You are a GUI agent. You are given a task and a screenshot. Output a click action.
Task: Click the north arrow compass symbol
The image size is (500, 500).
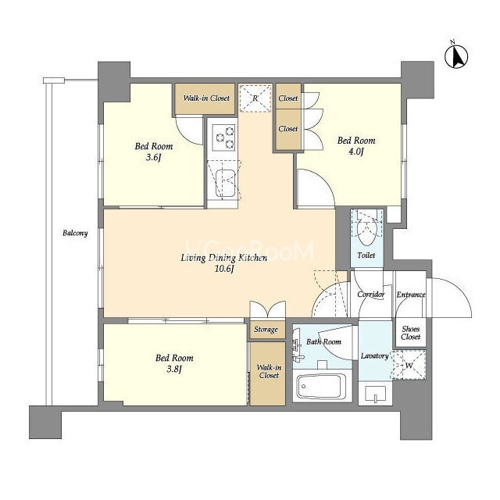456,56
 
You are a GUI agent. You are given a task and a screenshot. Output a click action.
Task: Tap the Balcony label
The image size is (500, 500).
75,233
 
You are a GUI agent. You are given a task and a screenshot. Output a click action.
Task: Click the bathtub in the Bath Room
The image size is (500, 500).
322,386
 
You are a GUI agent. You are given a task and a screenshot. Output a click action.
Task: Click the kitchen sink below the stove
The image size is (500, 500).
226,184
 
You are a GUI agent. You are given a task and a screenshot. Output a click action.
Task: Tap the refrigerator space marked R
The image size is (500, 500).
255,98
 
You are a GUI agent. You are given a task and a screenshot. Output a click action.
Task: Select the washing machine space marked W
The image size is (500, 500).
409,365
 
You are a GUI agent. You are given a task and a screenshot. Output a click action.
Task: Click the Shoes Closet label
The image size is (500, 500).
411,333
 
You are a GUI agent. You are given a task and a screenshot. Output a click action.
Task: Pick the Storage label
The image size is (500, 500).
266,330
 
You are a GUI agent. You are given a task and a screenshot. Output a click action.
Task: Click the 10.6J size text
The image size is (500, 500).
224,269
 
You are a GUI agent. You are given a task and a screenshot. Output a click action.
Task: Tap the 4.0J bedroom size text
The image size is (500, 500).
356,152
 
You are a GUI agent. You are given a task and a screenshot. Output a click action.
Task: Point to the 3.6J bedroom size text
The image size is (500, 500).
153,157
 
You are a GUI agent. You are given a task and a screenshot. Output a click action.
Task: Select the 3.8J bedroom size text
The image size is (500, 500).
174,369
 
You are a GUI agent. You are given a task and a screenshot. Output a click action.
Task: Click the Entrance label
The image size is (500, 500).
411,295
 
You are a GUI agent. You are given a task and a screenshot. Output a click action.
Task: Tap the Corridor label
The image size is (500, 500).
371,295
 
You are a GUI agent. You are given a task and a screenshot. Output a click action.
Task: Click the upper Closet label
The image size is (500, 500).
288,98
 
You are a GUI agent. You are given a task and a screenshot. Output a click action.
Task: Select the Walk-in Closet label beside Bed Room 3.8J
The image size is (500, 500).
269,372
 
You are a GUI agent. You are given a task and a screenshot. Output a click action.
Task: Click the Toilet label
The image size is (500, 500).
366,255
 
